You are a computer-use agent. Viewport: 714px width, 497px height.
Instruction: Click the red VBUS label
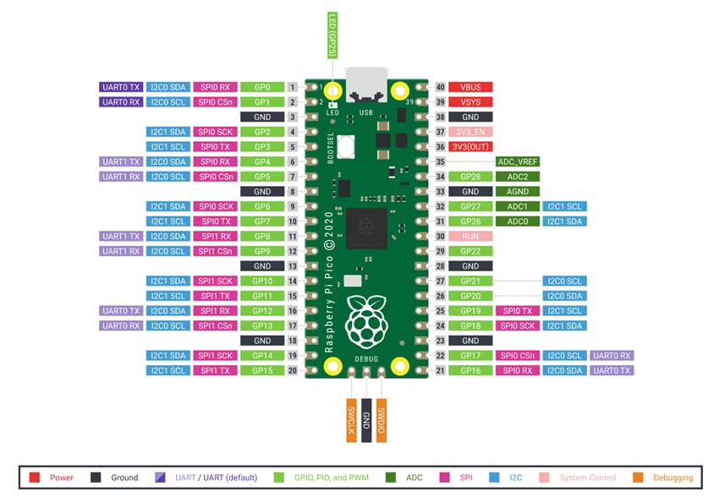(470, 87)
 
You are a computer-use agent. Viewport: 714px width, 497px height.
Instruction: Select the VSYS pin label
(470, 101)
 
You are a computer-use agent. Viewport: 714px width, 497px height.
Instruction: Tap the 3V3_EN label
(470, 132)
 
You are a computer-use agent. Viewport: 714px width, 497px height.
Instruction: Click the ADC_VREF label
(518, 161)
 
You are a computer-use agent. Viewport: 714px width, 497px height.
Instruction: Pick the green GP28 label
(470, 177)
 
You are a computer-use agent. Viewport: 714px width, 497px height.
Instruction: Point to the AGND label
(518, 191)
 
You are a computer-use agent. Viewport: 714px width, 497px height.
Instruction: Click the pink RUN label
(470, 236)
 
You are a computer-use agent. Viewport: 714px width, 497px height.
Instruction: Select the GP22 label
(470, 251)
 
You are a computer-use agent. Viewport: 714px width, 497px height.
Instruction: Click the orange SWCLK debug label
(351, 418)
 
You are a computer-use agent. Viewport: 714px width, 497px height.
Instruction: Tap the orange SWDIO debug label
(382, 418)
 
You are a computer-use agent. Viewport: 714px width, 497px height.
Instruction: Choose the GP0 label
(261, 87)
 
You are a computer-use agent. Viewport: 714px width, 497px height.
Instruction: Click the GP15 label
(261, 370)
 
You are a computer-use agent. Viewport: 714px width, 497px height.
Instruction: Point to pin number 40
(440, 87)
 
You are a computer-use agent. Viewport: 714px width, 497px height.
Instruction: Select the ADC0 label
(518, 221)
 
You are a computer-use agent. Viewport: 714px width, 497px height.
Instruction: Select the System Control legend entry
(583, 478)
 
